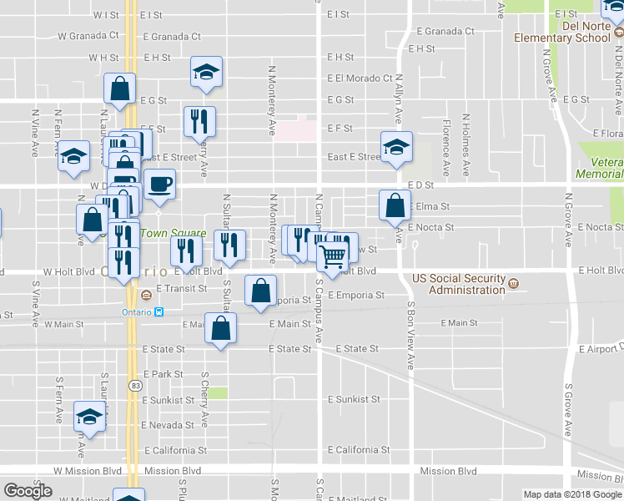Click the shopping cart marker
coord(332,254)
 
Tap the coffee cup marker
coord(159,185)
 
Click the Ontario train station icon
coord(159,312)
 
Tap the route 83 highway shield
coord(134,385)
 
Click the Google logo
coord(28,491)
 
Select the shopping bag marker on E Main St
coord(220,329)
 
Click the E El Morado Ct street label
coord(360,78)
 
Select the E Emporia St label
coord(355,295)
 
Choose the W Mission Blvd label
coord(88,471)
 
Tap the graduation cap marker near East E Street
coord(396,147)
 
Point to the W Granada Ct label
coord(88,36)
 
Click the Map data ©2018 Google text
coord(572,494)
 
